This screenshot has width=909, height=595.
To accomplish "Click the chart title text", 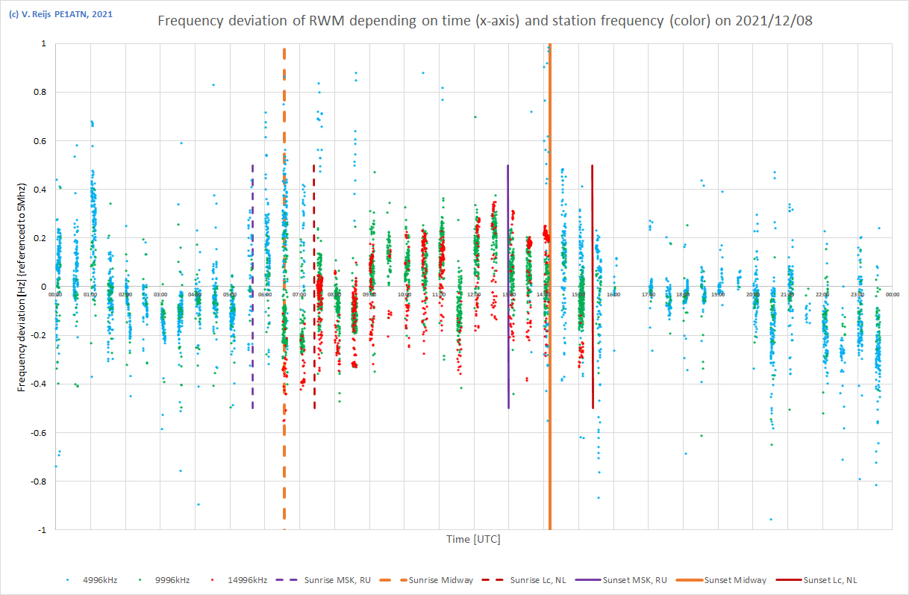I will point(484,21).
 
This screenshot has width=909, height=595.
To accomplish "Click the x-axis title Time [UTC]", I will point(473,539).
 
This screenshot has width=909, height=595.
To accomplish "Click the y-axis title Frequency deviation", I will point(22,286).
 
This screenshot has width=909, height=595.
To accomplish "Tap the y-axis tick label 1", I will point(43,44).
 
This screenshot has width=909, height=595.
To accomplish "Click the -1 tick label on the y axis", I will point(41,530).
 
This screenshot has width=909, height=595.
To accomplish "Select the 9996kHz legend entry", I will point(172,580).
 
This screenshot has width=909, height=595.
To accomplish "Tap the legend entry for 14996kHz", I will point(245,580).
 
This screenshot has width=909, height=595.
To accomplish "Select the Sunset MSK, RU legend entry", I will point(626,580).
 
